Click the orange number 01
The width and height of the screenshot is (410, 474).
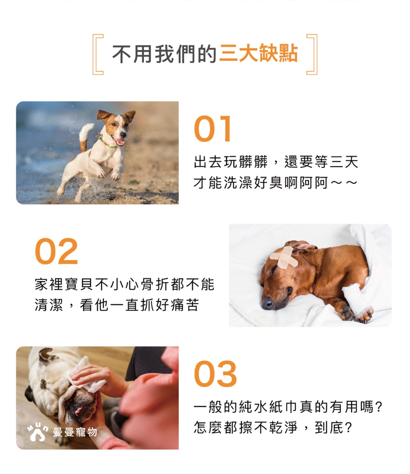coord(213,129)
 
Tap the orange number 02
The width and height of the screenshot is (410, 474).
coord(56,251)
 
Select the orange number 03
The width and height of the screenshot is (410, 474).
coord(215,374)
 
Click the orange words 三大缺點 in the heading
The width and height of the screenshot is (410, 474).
coord(259,54)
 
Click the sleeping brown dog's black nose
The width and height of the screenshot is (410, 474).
coord(267,303)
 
